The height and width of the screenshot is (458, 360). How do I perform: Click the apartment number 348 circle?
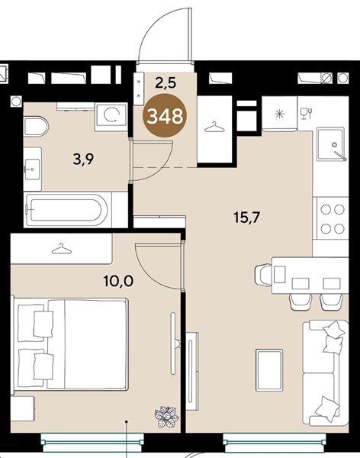(x=165, y=116)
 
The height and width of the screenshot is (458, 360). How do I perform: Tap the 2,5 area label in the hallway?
(x=166, y=83)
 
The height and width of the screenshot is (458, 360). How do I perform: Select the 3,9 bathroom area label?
(x=83, y=160)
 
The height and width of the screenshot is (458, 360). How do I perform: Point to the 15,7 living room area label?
(x=246, y=218)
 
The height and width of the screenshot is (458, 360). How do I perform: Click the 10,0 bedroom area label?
(x=118, y=281)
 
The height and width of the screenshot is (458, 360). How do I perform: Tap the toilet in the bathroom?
(x=36, y=127)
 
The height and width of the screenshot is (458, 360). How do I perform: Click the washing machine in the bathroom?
(x=111, y=117)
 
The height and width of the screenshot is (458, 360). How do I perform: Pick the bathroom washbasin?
(x=32, y=169)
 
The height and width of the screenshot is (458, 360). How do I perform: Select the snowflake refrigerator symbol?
(x=279, y=114)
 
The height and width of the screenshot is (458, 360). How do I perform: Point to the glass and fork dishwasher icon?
(x=307, y=113)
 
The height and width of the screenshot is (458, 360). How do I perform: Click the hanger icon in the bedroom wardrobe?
(x=61, y=249)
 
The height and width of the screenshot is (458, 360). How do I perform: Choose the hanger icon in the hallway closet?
(x=214, y=127)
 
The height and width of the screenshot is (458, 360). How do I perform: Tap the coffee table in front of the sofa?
(x=269, y=369)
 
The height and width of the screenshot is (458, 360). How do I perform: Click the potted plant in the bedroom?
(x=166, y=417)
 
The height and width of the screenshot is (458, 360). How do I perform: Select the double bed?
(x=70, y=344)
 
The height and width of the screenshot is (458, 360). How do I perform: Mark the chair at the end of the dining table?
(x=263, y=274)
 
